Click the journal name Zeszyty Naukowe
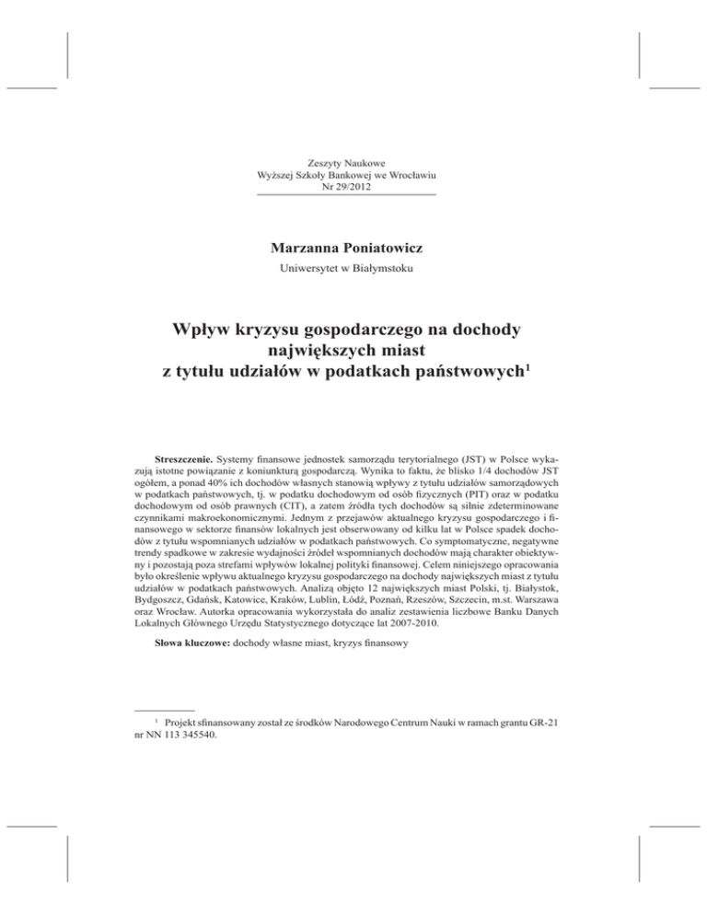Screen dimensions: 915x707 click(x=346, y=163)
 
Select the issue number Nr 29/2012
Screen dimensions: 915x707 click(x=346, y=188)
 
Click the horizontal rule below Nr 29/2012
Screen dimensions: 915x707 click(x=346, y=196)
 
